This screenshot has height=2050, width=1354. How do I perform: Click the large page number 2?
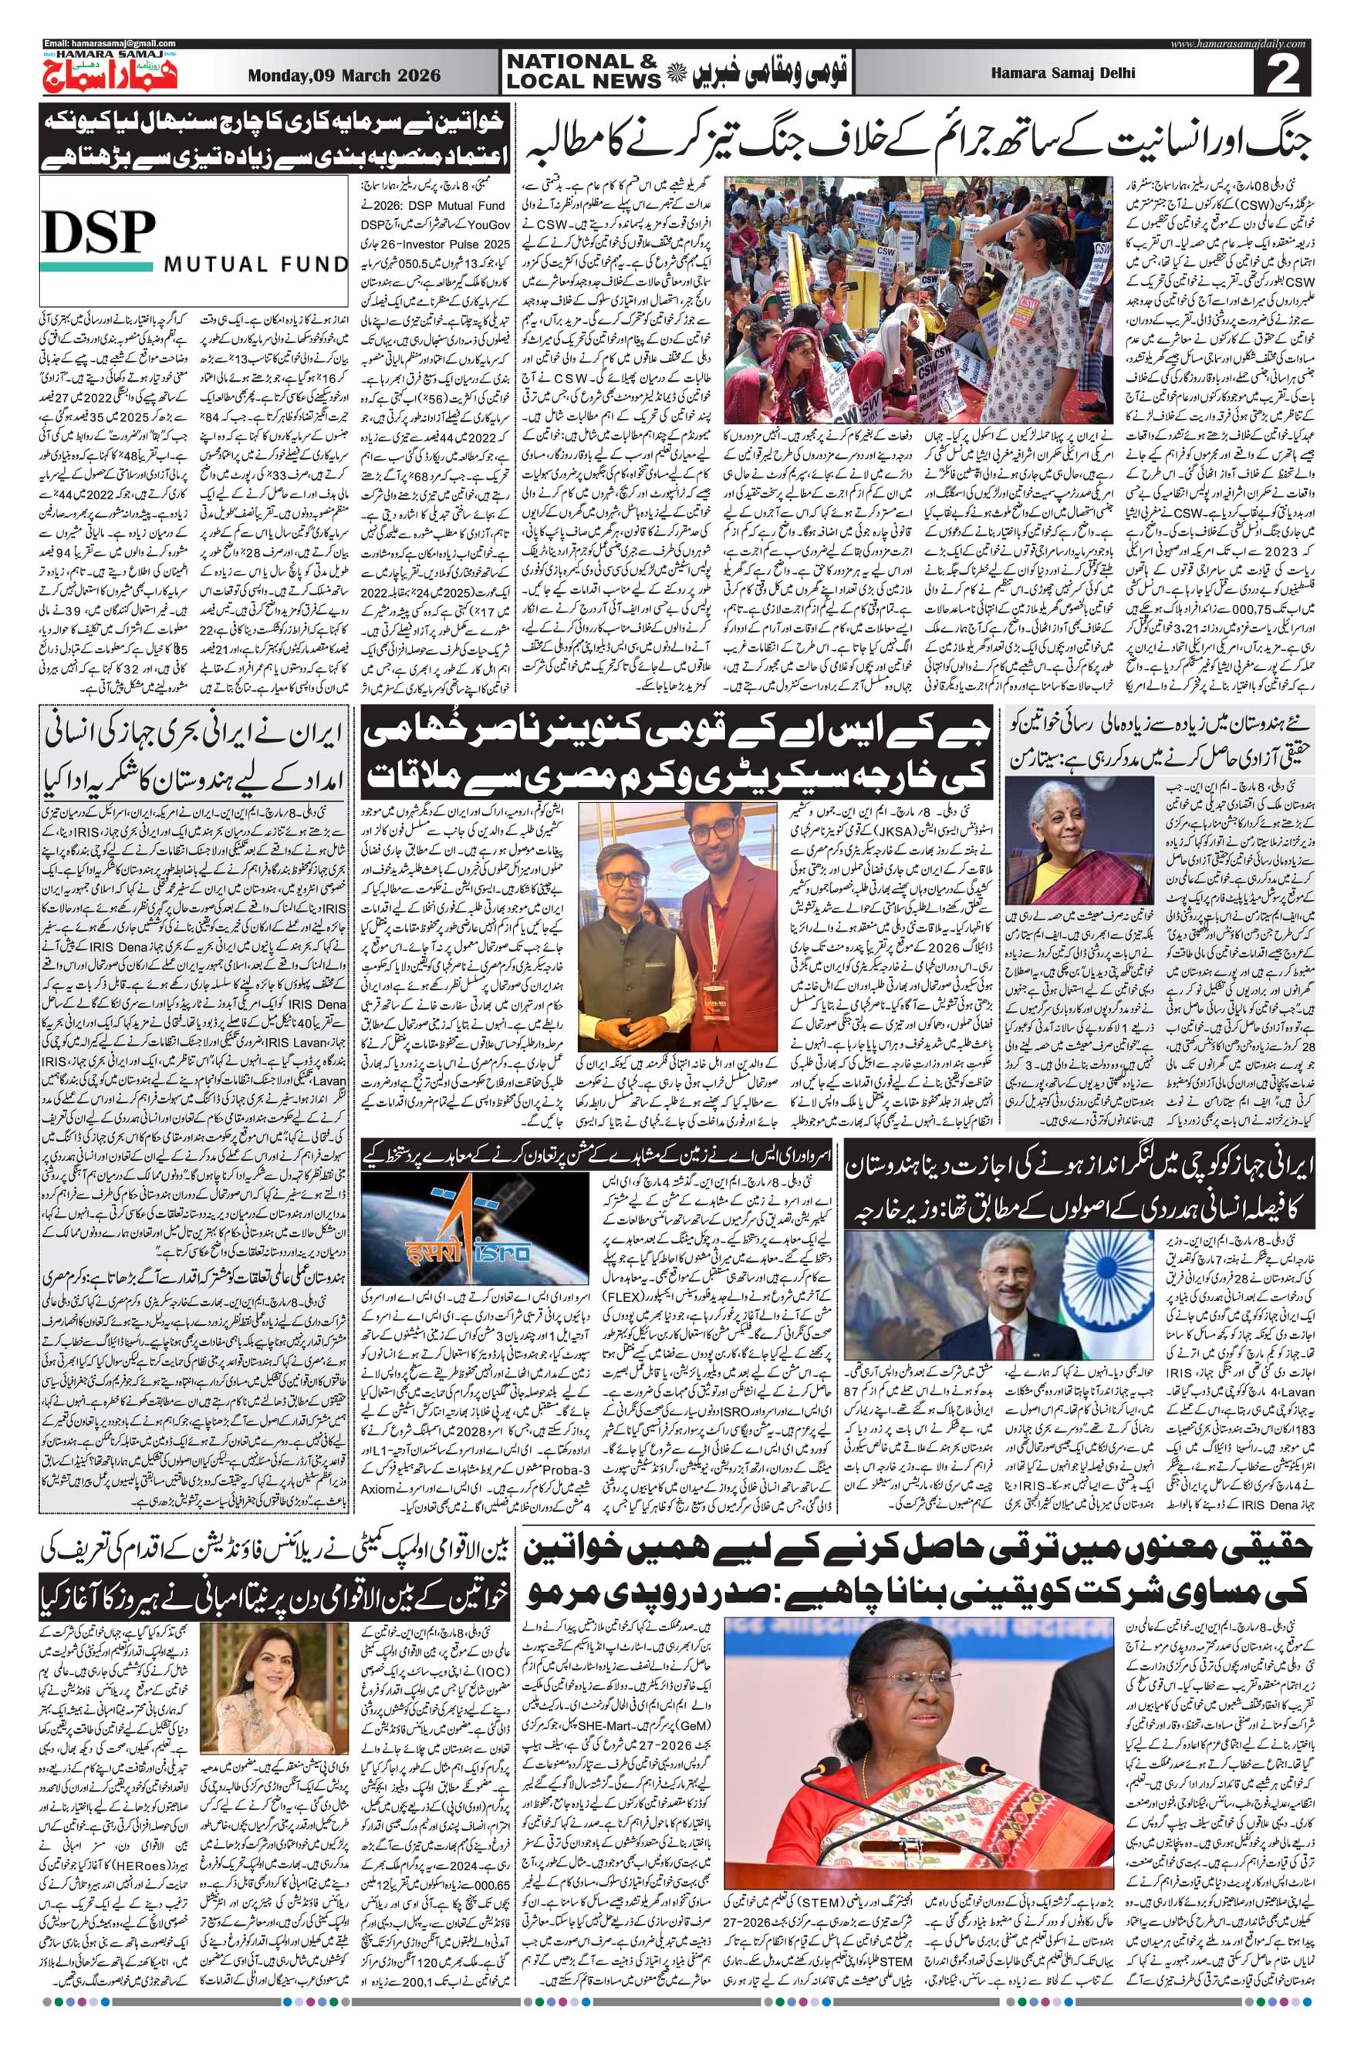1288,74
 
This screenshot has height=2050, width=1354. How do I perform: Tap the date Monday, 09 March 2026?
343,75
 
